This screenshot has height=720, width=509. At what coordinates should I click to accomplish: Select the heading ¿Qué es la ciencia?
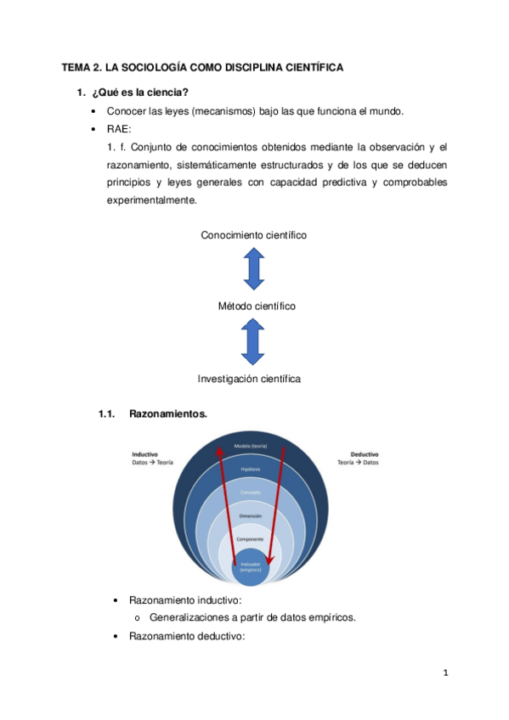point(134,93)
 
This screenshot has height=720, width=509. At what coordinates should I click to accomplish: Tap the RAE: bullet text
point(119,130)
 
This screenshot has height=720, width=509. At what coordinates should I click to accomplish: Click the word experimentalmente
point(151,200)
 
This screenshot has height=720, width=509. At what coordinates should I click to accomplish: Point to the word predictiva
point(334,183)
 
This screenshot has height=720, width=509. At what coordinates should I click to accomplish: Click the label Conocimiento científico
point(253,234)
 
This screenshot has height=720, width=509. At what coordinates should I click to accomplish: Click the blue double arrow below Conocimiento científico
point(254,270)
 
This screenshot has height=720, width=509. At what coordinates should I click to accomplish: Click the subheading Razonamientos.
point(167,414)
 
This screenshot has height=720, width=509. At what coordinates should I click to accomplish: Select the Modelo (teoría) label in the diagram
point(251,444)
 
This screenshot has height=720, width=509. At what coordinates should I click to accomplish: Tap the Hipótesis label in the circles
point(251,469)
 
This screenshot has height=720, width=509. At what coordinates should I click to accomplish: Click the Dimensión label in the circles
point(251,515)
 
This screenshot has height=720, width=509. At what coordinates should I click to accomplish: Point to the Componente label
point(251,539)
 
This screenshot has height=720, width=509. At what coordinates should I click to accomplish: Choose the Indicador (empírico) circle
point(251,566)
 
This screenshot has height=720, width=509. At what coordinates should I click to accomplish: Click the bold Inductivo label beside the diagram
point(145,453)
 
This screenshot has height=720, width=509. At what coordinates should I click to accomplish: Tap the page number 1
point(446,675)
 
